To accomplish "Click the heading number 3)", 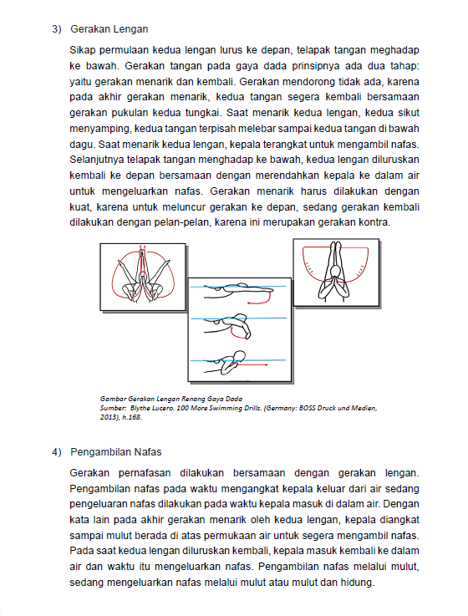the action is [57, 29].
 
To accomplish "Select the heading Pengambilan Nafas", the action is [116, 452].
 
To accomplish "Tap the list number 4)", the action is [57, 452].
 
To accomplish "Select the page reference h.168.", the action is [132, 417].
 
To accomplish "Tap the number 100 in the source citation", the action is [182, 408].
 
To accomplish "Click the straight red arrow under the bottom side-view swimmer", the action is [252, 365].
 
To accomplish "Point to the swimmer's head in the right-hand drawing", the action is [336, 272].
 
